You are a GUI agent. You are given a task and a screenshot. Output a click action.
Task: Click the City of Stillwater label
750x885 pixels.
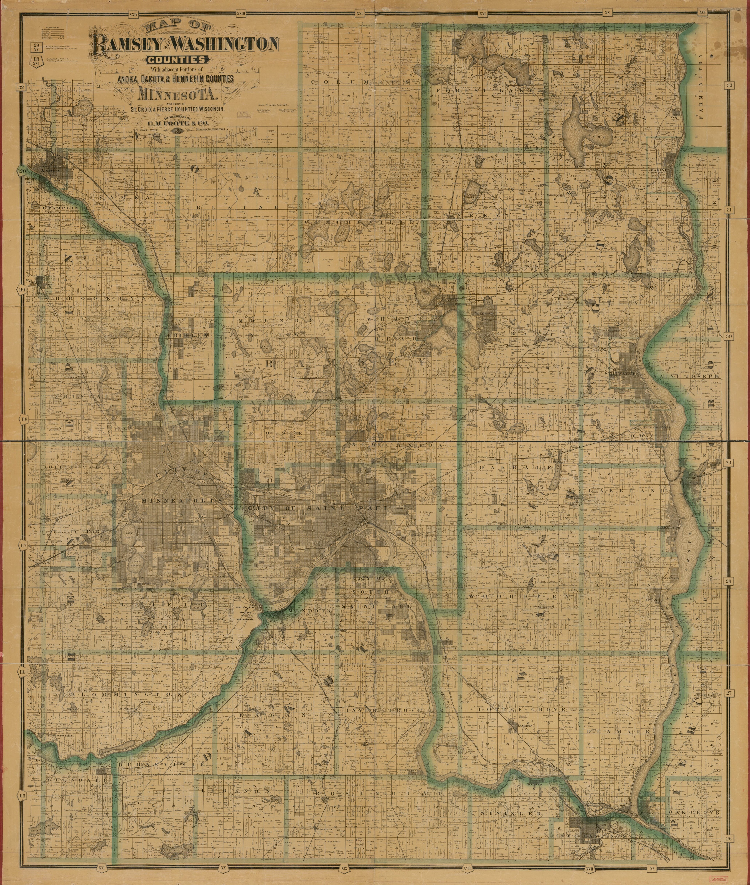coord(621,373)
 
